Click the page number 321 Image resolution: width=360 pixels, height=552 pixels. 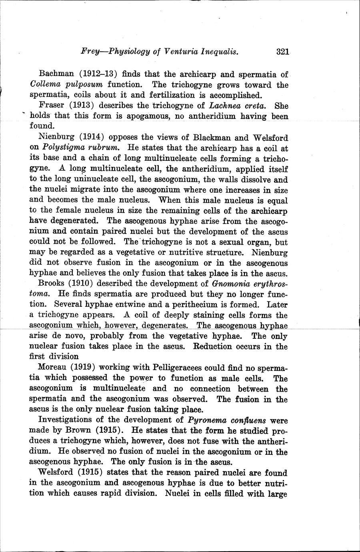[x=282, y=52]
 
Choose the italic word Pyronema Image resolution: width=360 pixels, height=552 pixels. [x=206, y=420]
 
